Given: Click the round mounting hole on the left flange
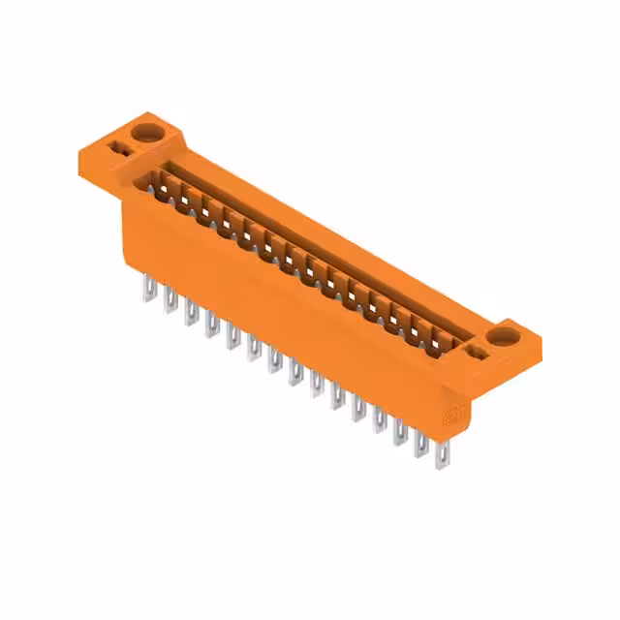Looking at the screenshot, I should point(147,132).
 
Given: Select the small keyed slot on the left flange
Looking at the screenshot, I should point(119,148).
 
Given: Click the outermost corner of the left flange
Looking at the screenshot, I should point(77,153).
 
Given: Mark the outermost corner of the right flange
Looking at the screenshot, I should point(541,343).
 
